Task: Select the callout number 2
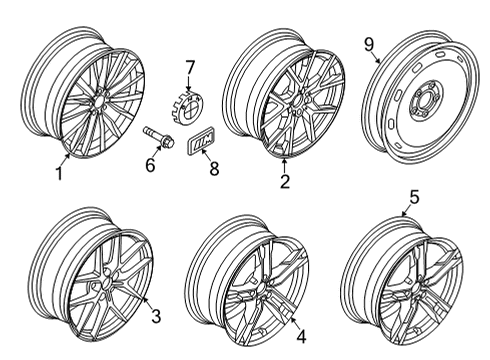[x=285, y=182]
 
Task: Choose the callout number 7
[x=188, y=67]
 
